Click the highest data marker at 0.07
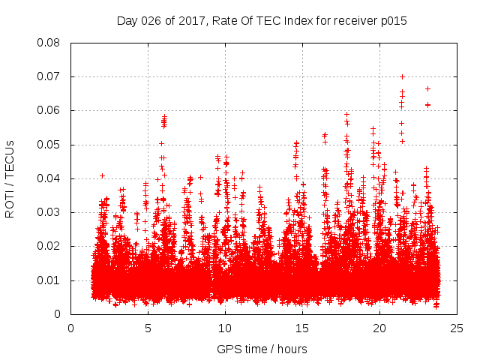tap(402, 76)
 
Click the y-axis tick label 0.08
tap(50, 43)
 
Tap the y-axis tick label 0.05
tap(50, 145)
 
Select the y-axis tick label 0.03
tap(50, 212)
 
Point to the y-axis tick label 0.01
tap(50, 280)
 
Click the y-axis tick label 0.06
tap(50, 110)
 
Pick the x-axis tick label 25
tap(457, 328)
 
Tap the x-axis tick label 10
tap(225, 328)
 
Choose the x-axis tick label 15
tap(302, 328)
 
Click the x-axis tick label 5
tap(148, 328)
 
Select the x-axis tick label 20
tap(380, 328)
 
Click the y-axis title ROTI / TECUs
tap(10, 178)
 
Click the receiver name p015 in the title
tap(393, 21)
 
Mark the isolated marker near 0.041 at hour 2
tap(103, 175)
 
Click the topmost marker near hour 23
tap(427, 88)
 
